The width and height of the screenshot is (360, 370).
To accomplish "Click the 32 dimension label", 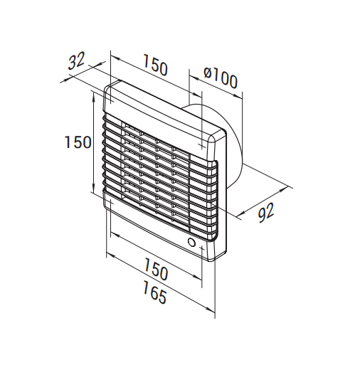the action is (x=76, y=61).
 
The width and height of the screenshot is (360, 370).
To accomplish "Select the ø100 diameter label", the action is (x=221, y=78).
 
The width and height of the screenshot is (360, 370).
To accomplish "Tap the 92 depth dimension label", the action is (x=266, y=213).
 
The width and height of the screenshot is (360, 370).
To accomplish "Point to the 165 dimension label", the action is (x=154, y=292).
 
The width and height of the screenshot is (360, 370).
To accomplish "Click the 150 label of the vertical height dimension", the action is (x=78, y=142).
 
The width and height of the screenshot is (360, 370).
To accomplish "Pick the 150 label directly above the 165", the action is (x=156, y=269).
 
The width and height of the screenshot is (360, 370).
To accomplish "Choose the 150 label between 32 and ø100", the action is (x=155, y=65).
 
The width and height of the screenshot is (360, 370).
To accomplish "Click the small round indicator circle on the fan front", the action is (x=191, y=243).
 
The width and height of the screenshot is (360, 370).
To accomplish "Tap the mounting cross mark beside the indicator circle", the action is (x=202, y=248).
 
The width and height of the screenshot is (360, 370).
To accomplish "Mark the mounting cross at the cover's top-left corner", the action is (x=110, y=102).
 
